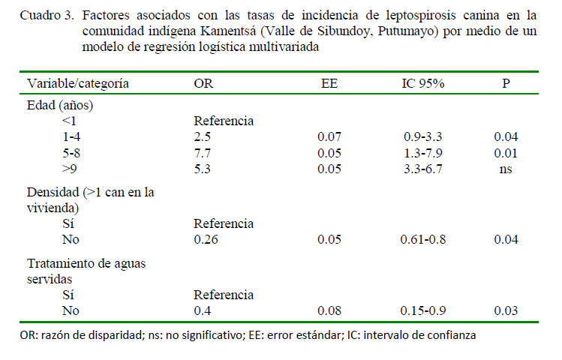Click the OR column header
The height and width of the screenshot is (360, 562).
pyautogui.click(x=203, y=82)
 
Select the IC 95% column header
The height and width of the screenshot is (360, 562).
pyautogui.click(x=423, y=82)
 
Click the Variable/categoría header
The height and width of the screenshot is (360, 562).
pyautogui.click(x=78, y=82)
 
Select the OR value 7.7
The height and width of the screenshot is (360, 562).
pyautogui.click(x=203, y=153)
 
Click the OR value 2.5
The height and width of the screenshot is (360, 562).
pyautogui.click(x=203, y=136)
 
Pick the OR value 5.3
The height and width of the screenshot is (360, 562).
pyautogui.click(x=203, y=169)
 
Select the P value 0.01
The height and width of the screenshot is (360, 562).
pyautogui.click(x=506, y=153)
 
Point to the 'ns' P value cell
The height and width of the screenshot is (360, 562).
pyautogui.click(x=506, y=169)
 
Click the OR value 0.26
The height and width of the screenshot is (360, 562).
pyautogui.click(x=206, y=240)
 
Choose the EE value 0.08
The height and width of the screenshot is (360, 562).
pyautogui.click(x=329, y=310)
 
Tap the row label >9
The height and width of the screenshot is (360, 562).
pyautogui.click(x=73, y=169)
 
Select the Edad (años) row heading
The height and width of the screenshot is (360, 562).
pyautogui.click(x=60, y=105)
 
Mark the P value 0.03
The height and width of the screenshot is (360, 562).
pyautogui.click(x=506, y=310)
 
